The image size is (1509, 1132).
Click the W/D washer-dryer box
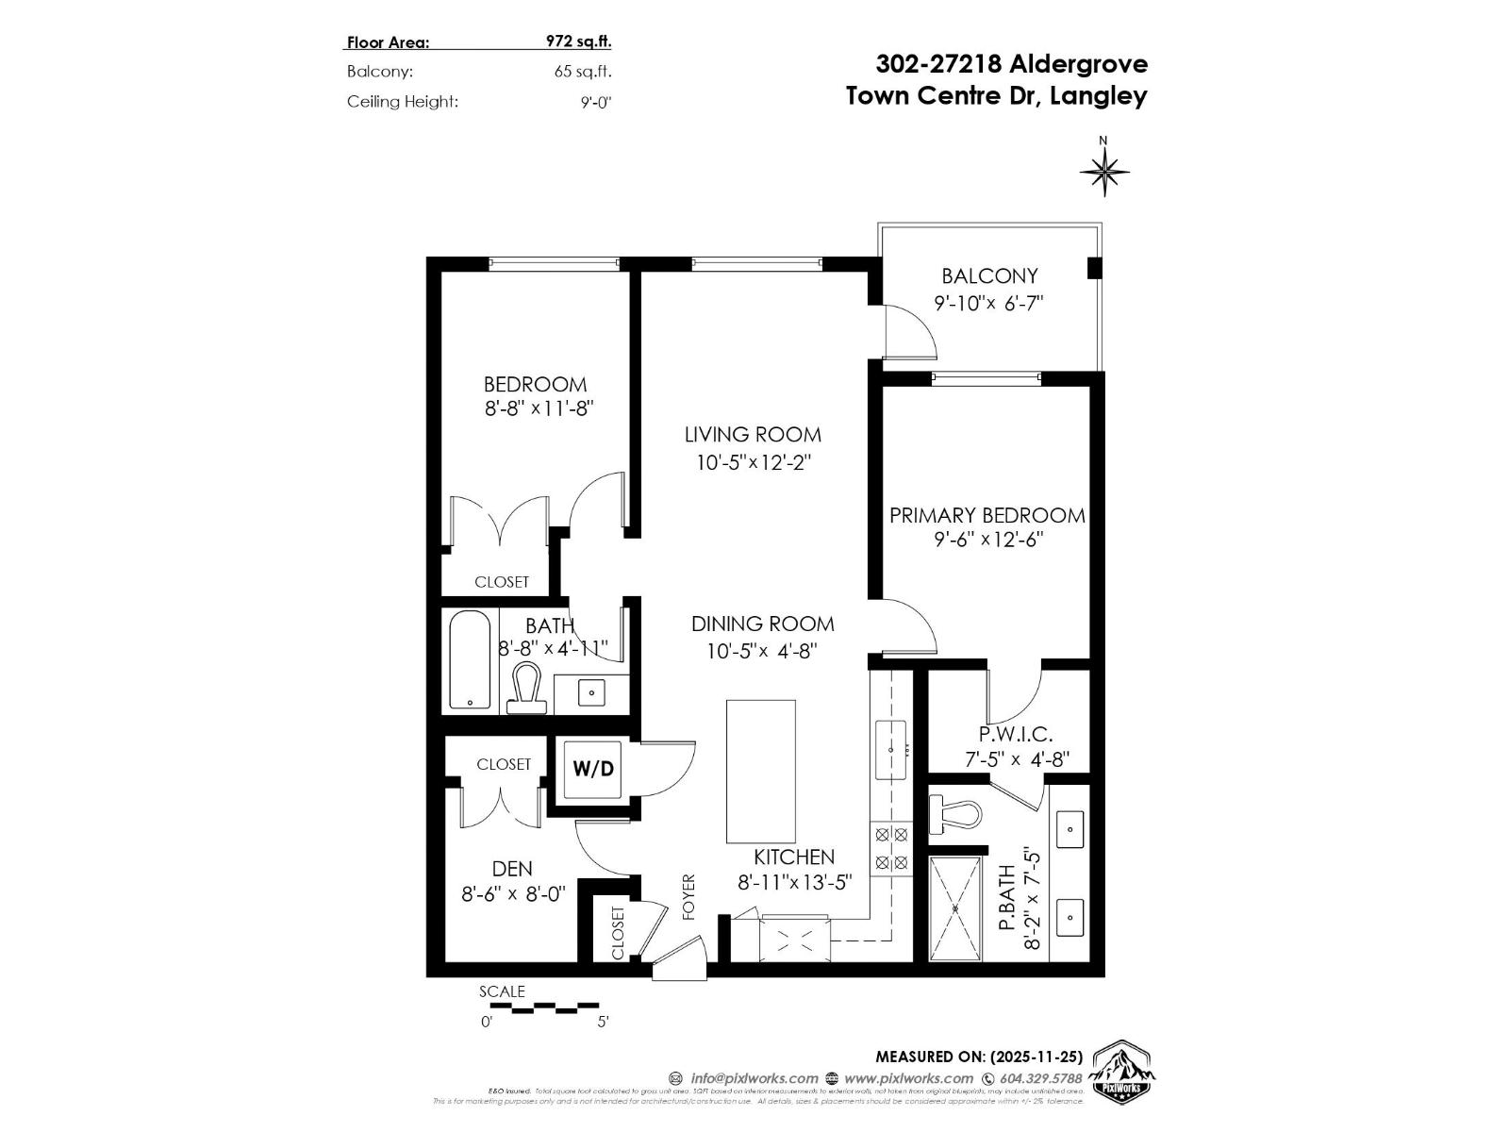coord(593,769)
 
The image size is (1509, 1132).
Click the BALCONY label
coord(989,276)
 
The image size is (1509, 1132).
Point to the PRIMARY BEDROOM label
coord(987,516)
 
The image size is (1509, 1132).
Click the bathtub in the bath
coord(469,660)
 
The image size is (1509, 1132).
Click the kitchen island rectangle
coord(760,771)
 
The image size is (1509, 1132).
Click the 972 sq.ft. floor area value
coord(578,42)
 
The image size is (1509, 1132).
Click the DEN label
coord(512,869)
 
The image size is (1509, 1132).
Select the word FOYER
coord(688,896)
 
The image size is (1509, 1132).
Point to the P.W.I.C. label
coord(1015,734)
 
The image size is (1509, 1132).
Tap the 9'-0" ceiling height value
coord(596,102)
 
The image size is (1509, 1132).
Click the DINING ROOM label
coord(762,624)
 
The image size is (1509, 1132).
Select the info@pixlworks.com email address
coord(754,1078)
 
